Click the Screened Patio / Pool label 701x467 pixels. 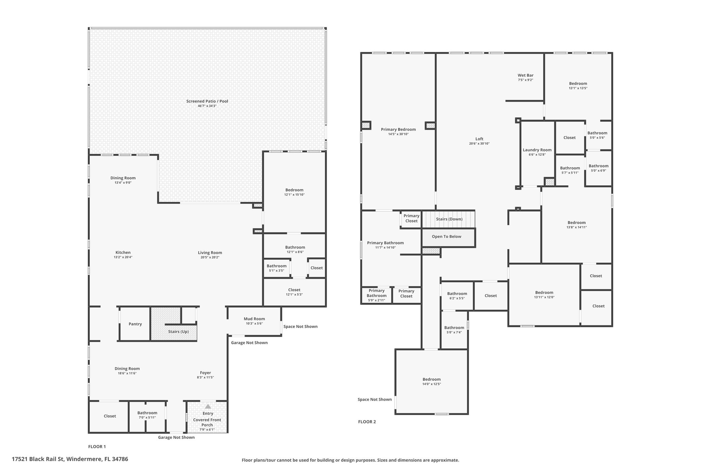(x=207, y=101)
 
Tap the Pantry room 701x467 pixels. (x=135, y=324)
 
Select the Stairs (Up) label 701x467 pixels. (x=178, y=332)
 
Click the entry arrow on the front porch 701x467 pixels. (x=208, y=406)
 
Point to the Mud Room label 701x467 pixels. (x=254, y=319)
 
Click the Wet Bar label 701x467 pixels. (x=525, y=75)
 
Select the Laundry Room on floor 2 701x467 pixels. (x=537, y=153)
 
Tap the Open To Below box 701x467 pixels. (x=448, y=238)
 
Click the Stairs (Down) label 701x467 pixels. (x=449, y=219)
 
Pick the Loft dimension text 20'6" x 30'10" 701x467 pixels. (x=479, y=144)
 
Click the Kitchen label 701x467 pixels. (x=123, y=252)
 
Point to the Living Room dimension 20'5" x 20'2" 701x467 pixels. (x=210, y=257)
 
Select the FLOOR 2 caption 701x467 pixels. (x=367, y=422)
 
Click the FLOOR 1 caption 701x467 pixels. (x=97, y=446)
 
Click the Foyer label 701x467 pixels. (x=205, y=373)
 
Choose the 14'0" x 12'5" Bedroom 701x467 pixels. (x=431, y=381)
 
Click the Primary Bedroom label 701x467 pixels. (x=398, y=129)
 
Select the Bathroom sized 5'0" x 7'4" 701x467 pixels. (x=454, y=330)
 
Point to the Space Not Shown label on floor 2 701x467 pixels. (x=375, y=399)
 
